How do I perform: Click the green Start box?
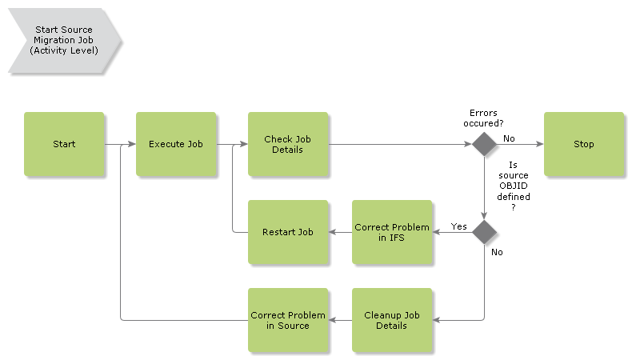click(64, 144)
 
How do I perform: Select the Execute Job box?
click(176, 144)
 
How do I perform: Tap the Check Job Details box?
click(288, 144)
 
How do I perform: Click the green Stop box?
click(584, 144)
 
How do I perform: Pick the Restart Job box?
click(288, 232)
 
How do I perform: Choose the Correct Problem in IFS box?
click(392, 232)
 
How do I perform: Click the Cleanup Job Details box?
click(392, 320)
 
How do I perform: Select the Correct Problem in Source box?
click(288, 320)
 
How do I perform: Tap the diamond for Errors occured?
click(484, 144)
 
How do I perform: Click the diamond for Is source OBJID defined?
click(484, 232)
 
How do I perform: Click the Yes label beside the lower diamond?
click(459, 226)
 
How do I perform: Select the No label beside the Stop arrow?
click(509, 138)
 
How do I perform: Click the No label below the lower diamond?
click(497, 252)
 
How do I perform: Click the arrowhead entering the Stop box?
click(540, 144)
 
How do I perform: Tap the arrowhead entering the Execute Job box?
click(132, 145)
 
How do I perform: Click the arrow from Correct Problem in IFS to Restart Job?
click(340, 232)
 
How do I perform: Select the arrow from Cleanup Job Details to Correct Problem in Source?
click(340, 320)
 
